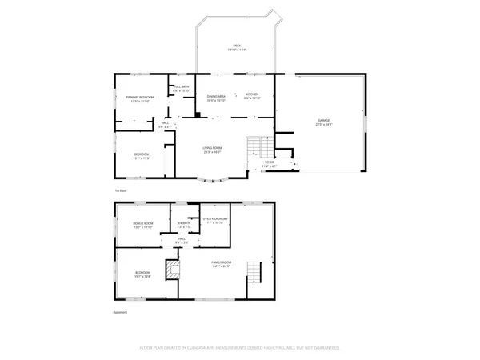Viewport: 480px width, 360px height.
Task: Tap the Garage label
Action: coord(322,122)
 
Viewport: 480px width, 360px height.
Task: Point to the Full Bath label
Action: coord(181,88)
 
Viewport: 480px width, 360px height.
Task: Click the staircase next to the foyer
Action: coord(257,148)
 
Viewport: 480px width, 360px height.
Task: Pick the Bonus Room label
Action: coord(142,225)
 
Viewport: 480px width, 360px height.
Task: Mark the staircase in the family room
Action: coord(254,274)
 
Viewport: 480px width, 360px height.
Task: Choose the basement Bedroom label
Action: coord(142,274)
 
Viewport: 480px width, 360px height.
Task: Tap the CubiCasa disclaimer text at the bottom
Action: coord(239,348)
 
